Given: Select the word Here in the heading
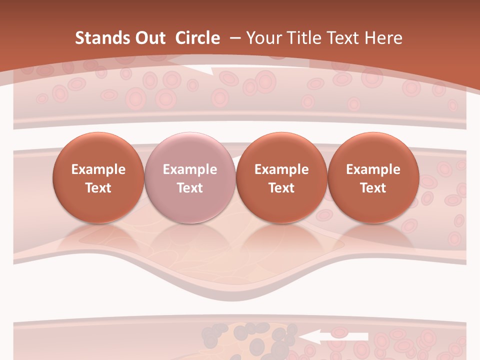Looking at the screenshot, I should (x=383, y=38).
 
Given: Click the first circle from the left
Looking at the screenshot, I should (x=98, y=177).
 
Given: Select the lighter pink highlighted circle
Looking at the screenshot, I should (x=189, y=177).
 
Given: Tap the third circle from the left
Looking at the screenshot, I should (x=281, y=177).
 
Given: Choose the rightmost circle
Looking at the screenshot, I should (x=373, y=177).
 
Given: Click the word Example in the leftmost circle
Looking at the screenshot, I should (x=98, y=169).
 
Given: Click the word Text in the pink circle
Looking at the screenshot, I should (x=189, y=188).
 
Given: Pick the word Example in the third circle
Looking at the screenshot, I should (x=281, y=169).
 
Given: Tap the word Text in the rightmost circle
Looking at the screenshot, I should (x=373, y=188).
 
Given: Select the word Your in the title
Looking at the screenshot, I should (x=263, y=38).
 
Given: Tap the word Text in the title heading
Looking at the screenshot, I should (x=344, y=38).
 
